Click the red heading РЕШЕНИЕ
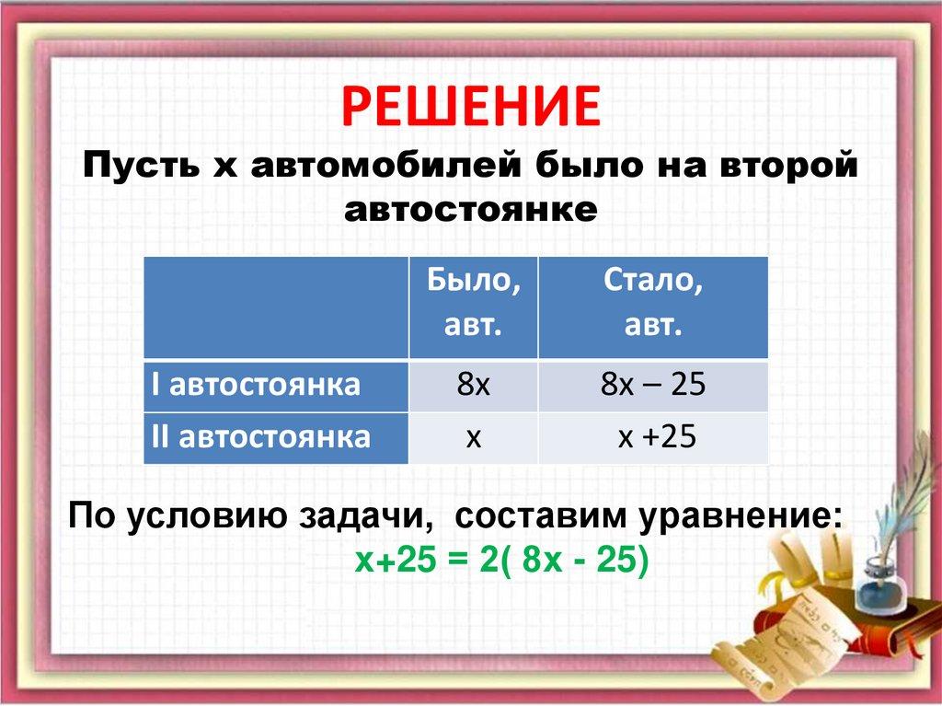point(470,106)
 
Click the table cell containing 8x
point(474,385)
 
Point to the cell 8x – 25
point(653,385)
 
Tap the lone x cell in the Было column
point(474,437)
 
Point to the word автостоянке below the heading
point(470,210)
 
